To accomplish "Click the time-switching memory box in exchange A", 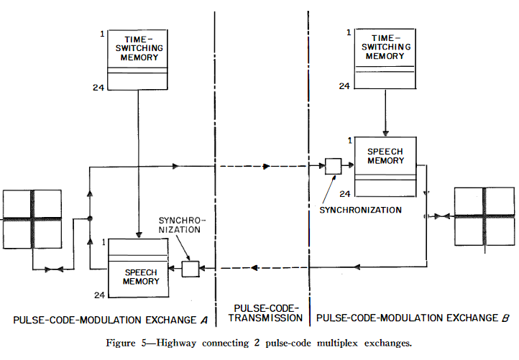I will (137, 60).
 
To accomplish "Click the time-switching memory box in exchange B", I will (385, 60).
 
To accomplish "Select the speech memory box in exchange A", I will (137, 265).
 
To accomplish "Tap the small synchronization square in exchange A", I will (190, 269).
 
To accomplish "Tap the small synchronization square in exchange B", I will (333, 166).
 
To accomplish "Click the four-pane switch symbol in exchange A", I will (32, 218).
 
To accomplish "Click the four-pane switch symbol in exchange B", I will (485, 216).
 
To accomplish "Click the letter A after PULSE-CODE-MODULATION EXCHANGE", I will (204, 318).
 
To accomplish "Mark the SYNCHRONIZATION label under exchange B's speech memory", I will (360, 210).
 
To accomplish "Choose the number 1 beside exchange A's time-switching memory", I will (104, 34).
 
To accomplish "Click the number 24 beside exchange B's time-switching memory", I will (345, 86).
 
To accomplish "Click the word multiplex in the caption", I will (344, 342).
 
